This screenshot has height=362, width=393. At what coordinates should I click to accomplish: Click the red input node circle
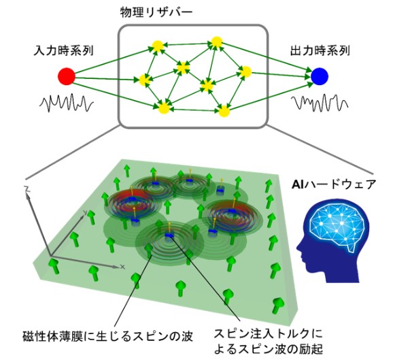[x=67, y=76]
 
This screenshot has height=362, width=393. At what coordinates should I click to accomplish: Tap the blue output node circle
[x=320, y=76]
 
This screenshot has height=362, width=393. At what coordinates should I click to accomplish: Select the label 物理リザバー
[x=156, y=12]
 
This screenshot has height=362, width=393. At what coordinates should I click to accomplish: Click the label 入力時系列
[x=63, y=50]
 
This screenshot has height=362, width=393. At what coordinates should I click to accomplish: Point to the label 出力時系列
[x=320, y=50]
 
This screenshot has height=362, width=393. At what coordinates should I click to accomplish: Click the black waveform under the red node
[x=67, y=103]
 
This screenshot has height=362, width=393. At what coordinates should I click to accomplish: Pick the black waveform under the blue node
[x=320, y=103]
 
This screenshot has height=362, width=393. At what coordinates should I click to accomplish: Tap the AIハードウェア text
[x=334, y=184]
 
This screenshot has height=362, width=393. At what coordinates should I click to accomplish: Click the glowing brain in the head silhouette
[x=337, y=225]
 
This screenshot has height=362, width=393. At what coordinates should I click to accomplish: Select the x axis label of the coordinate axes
[x=122, y=267]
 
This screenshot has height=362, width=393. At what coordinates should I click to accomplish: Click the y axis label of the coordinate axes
[x=85, y=212]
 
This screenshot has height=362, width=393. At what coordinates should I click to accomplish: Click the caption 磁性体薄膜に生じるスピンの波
[x=108, y=336]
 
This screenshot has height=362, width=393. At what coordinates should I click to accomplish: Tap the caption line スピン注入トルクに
[x=268, y=333]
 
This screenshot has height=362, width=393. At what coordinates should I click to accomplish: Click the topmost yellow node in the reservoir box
[x=217, y=42]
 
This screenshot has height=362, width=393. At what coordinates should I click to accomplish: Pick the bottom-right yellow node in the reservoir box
[x=224, y=111]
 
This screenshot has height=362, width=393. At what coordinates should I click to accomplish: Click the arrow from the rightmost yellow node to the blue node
[x=281, y=74]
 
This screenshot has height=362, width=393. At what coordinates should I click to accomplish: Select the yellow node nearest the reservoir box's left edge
[x=145, y=80]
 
